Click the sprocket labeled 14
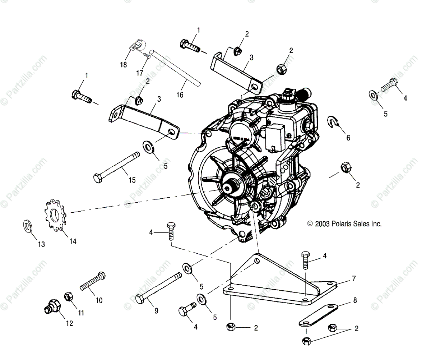tap(55, 214)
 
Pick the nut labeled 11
tap(69, 297)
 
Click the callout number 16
tap(180, 95)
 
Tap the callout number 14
tap(73, 241)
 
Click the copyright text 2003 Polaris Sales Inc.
tap(344, 224)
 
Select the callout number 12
tap(69, 323)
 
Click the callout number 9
tap(156, 311)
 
